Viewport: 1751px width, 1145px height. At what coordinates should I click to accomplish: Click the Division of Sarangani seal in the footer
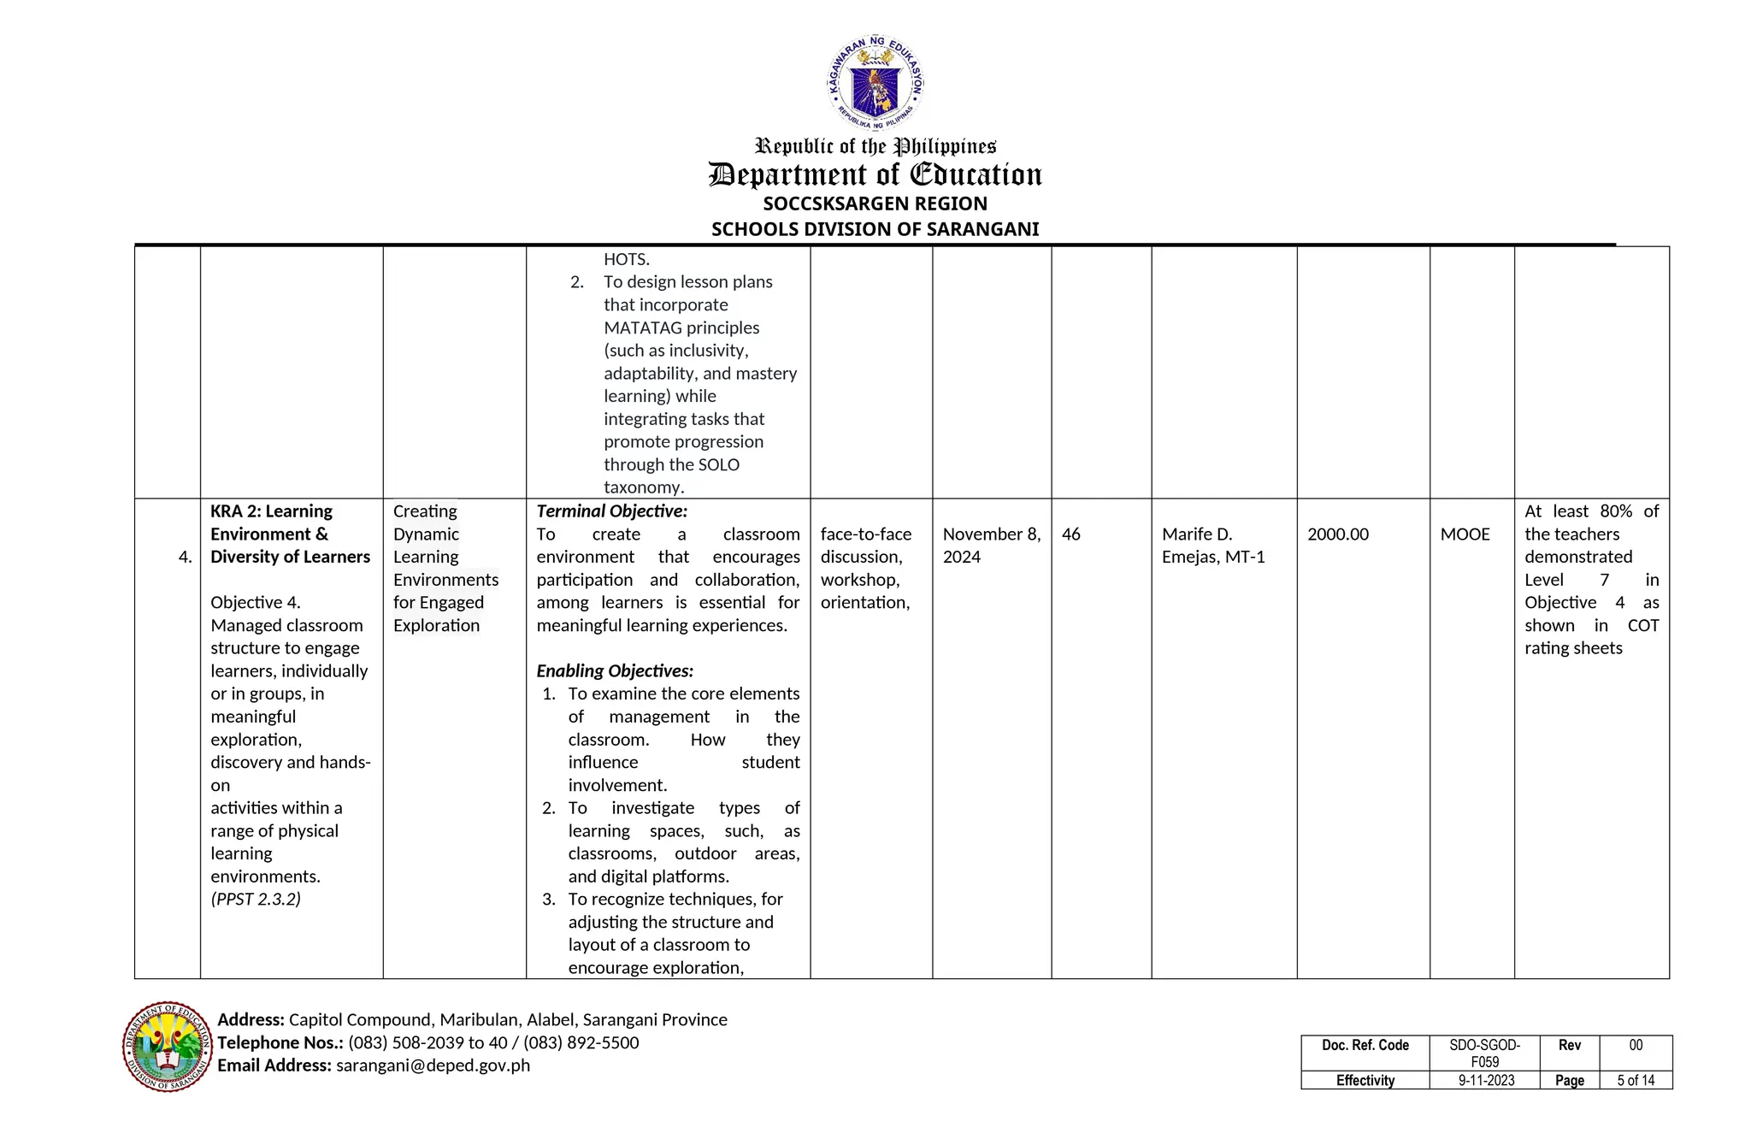click(168, 1046)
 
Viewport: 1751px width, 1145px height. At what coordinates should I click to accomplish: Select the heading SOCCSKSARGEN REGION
click(875, 204)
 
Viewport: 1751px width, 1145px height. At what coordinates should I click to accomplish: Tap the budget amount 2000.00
click(1337, 534)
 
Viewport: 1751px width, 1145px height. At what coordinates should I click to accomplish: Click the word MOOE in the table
click(1465, 534)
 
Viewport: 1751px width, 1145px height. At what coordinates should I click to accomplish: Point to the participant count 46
click(1070, 534)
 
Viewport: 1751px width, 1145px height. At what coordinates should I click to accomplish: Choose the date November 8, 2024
click(991, 546)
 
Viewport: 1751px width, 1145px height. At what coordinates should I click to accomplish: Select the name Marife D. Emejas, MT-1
click(1212, 546)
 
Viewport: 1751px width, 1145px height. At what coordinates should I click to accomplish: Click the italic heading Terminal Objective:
click(611, 511)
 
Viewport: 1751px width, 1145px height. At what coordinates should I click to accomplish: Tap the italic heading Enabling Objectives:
click(615, 671)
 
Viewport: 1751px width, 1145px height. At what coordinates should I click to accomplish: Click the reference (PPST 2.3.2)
click(256, 900)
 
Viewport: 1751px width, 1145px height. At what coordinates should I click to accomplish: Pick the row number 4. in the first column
click(185, 558)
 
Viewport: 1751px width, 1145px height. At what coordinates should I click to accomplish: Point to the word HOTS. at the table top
click(627, 259)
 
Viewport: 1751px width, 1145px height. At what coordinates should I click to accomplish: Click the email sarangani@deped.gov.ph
click(433, 1065)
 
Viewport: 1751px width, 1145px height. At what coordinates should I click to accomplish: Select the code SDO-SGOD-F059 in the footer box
click(1484, 1053)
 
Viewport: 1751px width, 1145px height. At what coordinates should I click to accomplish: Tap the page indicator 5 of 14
click(1635, 1081)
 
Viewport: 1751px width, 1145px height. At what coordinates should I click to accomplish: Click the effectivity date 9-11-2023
click(1486, 1081)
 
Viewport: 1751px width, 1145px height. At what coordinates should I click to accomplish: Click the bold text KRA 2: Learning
click(271, 511)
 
